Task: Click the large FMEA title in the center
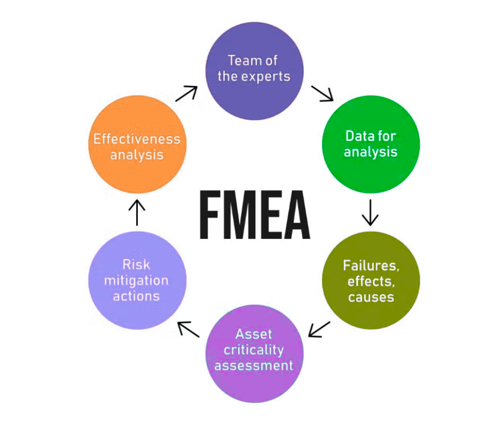click(254, 214)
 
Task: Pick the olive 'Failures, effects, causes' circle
click(371, 280)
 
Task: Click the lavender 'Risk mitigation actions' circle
click(137, 280)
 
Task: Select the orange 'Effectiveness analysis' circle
click(137, 144)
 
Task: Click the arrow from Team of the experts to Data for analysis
click(323, 93)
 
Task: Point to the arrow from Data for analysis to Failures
click(370, 212)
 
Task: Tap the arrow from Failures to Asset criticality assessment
click(319, 329)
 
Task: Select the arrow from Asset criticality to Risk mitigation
click(189, 329)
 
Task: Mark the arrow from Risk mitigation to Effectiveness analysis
click(137, 212)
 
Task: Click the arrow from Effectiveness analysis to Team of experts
click(186, 93)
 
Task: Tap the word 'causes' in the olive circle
click(371, 297)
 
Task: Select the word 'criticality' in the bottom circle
click(254, 350)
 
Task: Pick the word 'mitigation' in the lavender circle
click(136, 280)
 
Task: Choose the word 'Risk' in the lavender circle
click(136, 264)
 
